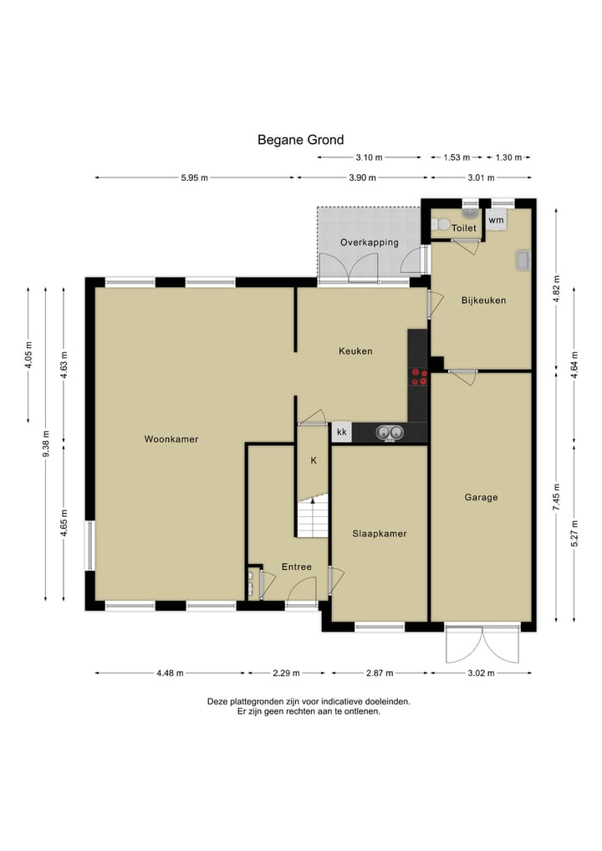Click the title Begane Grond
tap(300, 140)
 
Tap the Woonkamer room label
tap(171, 439)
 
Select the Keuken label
tap(355, 351)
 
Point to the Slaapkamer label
tap(379, 534)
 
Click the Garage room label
tap(481, 497)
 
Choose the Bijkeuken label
tap(483, 300)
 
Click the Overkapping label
tap(370, 243)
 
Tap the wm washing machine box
tap(497, 220)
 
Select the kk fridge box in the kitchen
tap(342, 432)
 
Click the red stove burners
tap(419, 377)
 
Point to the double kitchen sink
tap(390, 433)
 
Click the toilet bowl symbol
tap(440, 224)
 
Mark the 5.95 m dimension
tap(195, 177)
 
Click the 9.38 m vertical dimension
tap(45, 444)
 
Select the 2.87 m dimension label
tap(379, 673)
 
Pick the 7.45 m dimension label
tap(557, 497)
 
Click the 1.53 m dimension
tap(457, 157)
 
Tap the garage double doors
tap(482, 644)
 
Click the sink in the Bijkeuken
tap(523, 259)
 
